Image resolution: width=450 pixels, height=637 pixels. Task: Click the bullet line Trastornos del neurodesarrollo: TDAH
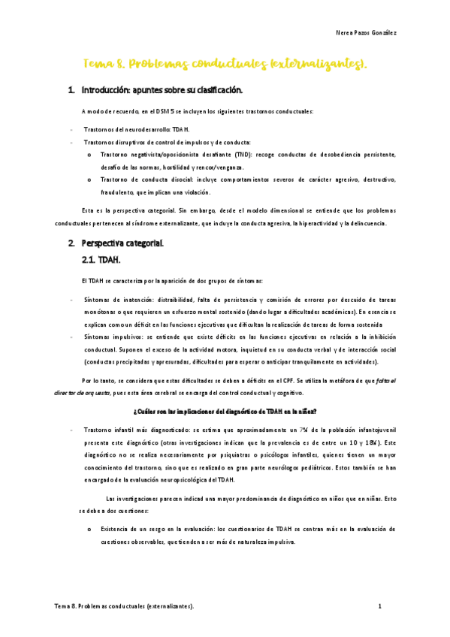pyautogui.click(x=126, y=129)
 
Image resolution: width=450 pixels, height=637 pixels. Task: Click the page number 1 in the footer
pyautogui.click(x=380, y=605)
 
